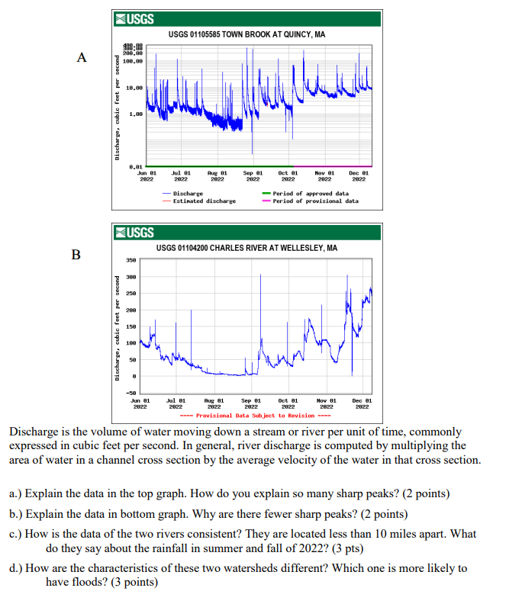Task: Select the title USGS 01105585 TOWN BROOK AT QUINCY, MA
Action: [246, 35]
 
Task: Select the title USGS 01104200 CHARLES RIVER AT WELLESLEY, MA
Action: [246, 248]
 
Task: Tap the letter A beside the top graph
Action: [82, 57]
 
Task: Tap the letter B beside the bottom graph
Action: [75, 254]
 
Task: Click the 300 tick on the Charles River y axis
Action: [132, 277]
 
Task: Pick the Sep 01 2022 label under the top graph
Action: [253, 177]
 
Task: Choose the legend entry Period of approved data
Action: [311, 194]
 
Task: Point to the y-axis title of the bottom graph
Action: [118, 328]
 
